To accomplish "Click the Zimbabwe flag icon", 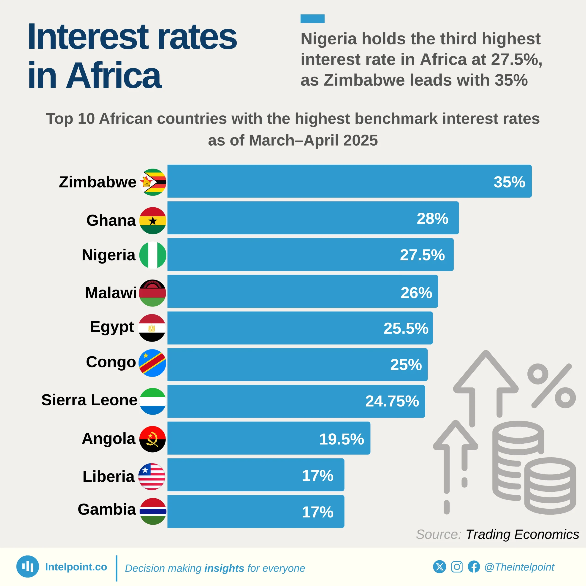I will pos(153,182).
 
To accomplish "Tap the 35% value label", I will pos(509,182).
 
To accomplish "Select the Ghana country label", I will pos(111,220).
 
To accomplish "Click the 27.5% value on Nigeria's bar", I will pos(422,255).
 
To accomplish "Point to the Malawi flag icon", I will pos(153,293).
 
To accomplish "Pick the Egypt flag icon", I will pos(152,328).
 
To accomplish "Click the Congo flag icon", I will pos(152,363).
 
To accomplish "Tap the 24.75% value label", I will pos(392,401).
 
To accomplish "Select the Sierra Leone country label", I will pos(89,400).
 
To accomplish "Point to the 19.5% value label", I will pos(342,439).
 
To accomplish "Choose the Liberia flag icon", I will pos(152,477).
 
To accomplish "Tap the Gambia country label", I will pos(107,509).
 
